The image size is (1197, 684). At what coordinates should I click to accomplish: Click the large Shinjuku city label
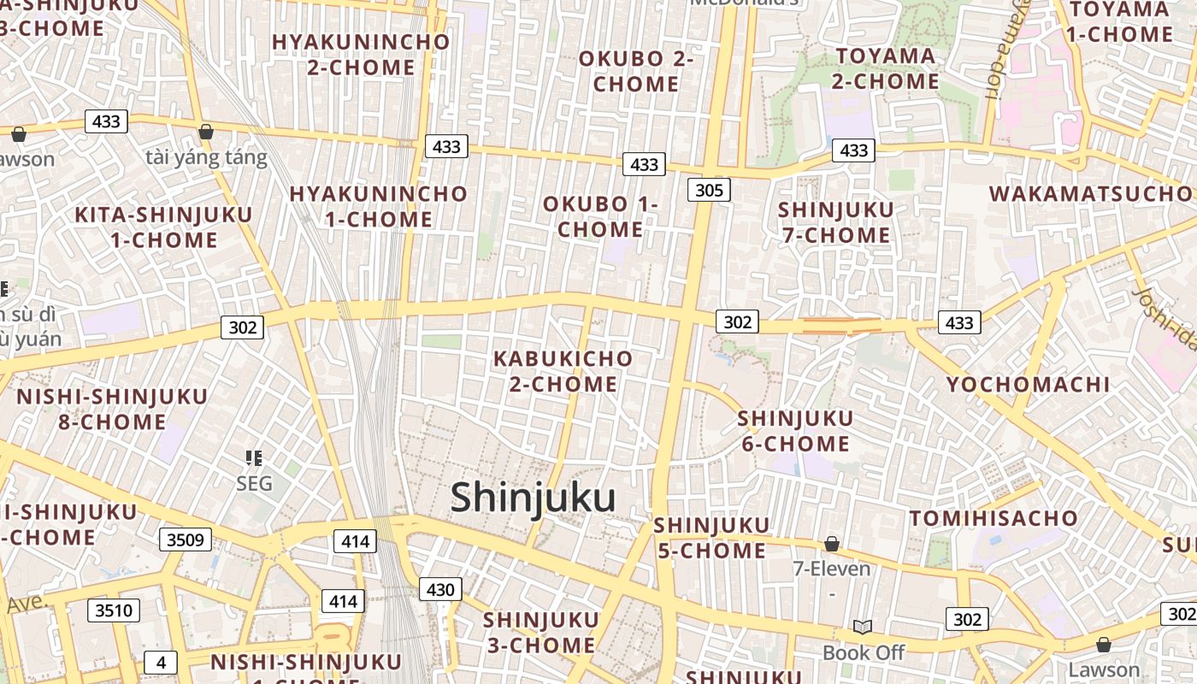coord(533,498)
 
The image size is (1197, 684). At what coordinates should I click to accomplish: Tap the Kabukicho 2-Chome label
coord(563,371)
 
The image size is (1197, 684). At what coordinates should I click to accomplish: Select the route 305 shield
coord(709,190)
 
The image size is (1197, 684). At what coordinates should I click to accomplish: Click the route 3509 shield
coord(185,540)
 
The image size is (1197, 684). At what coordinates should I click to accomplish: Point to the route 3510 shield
coord(114,610)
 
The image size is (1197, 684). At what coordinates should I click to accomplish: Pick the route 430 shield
coord(440,589)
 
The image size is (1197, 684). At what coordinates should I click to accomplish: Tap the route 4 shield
coord(160,662)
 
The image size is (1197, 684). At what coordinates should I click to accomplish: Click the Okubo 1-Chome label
coord(600,216)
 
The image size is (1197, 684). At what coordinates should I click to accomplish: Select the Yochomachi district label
coord(1028,384)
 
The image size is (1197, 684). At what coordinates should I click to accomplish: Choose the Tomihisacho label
coord(994,518)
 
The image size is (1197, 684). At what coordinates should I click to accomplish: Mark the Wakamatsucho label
coord(1090,193)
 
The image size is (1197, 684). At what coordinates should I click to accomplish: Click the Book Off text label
coord(863,653)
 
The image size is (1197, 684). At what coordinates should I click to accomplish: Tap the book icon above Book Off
coord(863,628)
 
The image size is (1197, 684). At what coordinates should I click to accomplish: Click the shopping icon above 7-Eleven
coord(831,544)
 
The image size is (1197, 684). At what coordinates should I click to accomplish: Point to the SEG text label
coord(254,484)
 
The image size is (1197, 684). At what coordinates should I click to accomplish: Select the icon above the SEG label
coord(253,459)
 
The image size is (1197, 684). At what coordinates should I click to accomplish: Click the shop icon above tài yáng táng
coord(205,132)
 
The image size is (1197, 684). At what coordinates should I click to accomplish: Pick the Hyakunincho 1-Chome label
coord(378,206)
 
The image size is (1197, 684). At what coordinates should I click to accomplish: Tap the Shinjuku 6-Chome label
coord(795,431)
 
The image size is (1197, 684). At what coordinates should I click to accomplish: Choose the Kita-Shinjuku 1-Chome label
coord(163,227)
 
